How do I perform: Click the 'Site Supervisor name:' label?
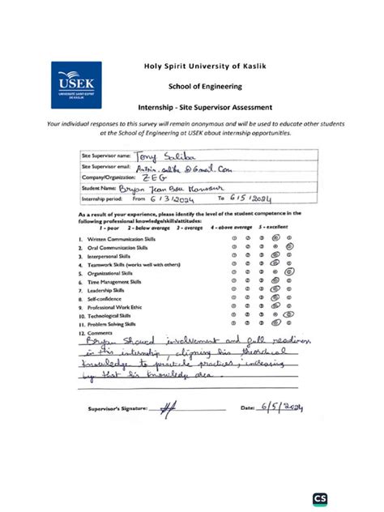point(106,155)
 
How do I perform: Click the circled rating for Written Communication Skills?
point(277,240)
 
